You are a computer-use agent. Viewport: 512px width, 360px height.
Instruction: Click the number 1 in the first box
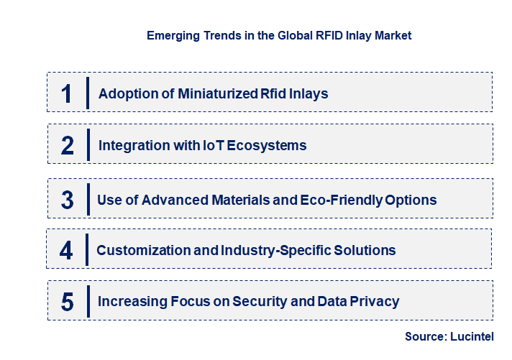[67, 93]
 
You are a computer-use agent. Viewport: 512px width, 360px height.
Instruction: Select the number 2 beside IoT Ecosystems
[68, 146]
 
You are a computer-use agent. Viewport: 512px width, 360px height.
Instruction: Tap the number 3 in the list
[68, 200]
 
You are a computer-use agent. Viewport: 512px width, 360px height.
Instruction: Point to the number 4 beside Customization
[66, 251]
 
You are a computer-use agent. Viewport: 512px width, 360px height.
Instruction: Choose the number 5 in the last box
[68, 302]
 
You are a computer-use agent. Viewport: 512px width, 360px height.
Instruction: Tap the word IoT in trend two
[209, 145]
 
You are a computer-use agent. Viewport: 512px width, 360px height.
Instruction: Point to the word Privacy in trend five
[373, 301]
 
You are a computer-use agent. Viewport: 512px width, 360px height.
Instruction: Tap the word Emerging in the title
[173, 35]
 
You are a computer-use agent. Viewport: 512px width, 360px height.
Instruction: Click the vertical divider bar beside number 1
[87, 93]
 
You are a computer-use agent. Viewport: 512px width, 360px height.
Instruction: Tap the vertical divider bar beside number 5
[87, 301]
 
